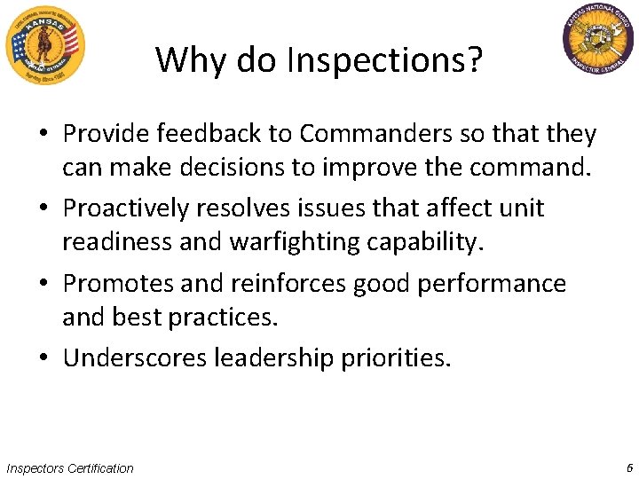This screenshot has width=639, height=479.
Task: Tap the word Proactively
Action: click(126, 208)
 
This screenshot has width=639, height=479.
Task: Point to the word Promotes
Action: click(117, 284)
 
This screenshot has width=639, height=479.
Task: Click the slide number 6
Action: click(628, 467)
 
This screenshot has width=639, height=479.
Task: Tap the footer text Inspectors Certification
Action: click(69, 468)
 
